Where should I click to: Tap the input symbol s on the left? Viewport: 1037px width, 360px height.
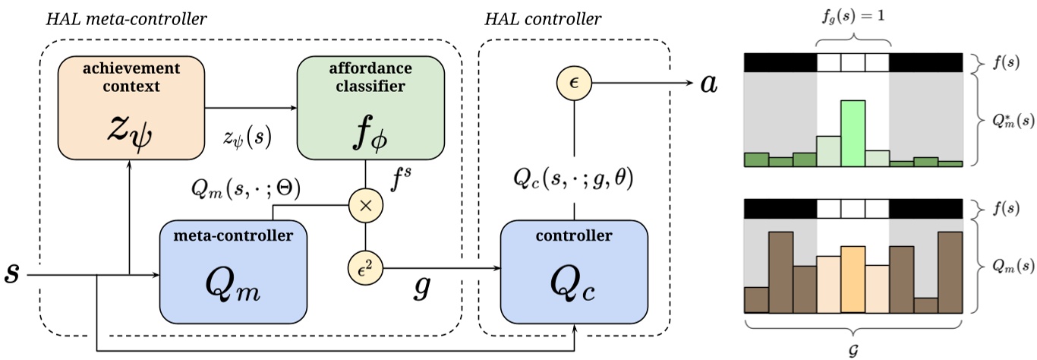[x=11, y=273]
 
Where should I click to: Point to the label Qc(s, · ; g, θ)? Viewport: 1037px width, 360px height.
[x=575, y=179]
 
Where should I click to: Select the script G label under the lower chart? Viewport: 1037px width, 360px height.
[x=853, y=350]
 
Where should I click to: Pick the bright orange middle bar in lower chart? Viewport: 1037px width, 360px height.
[x=853, y=279]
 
